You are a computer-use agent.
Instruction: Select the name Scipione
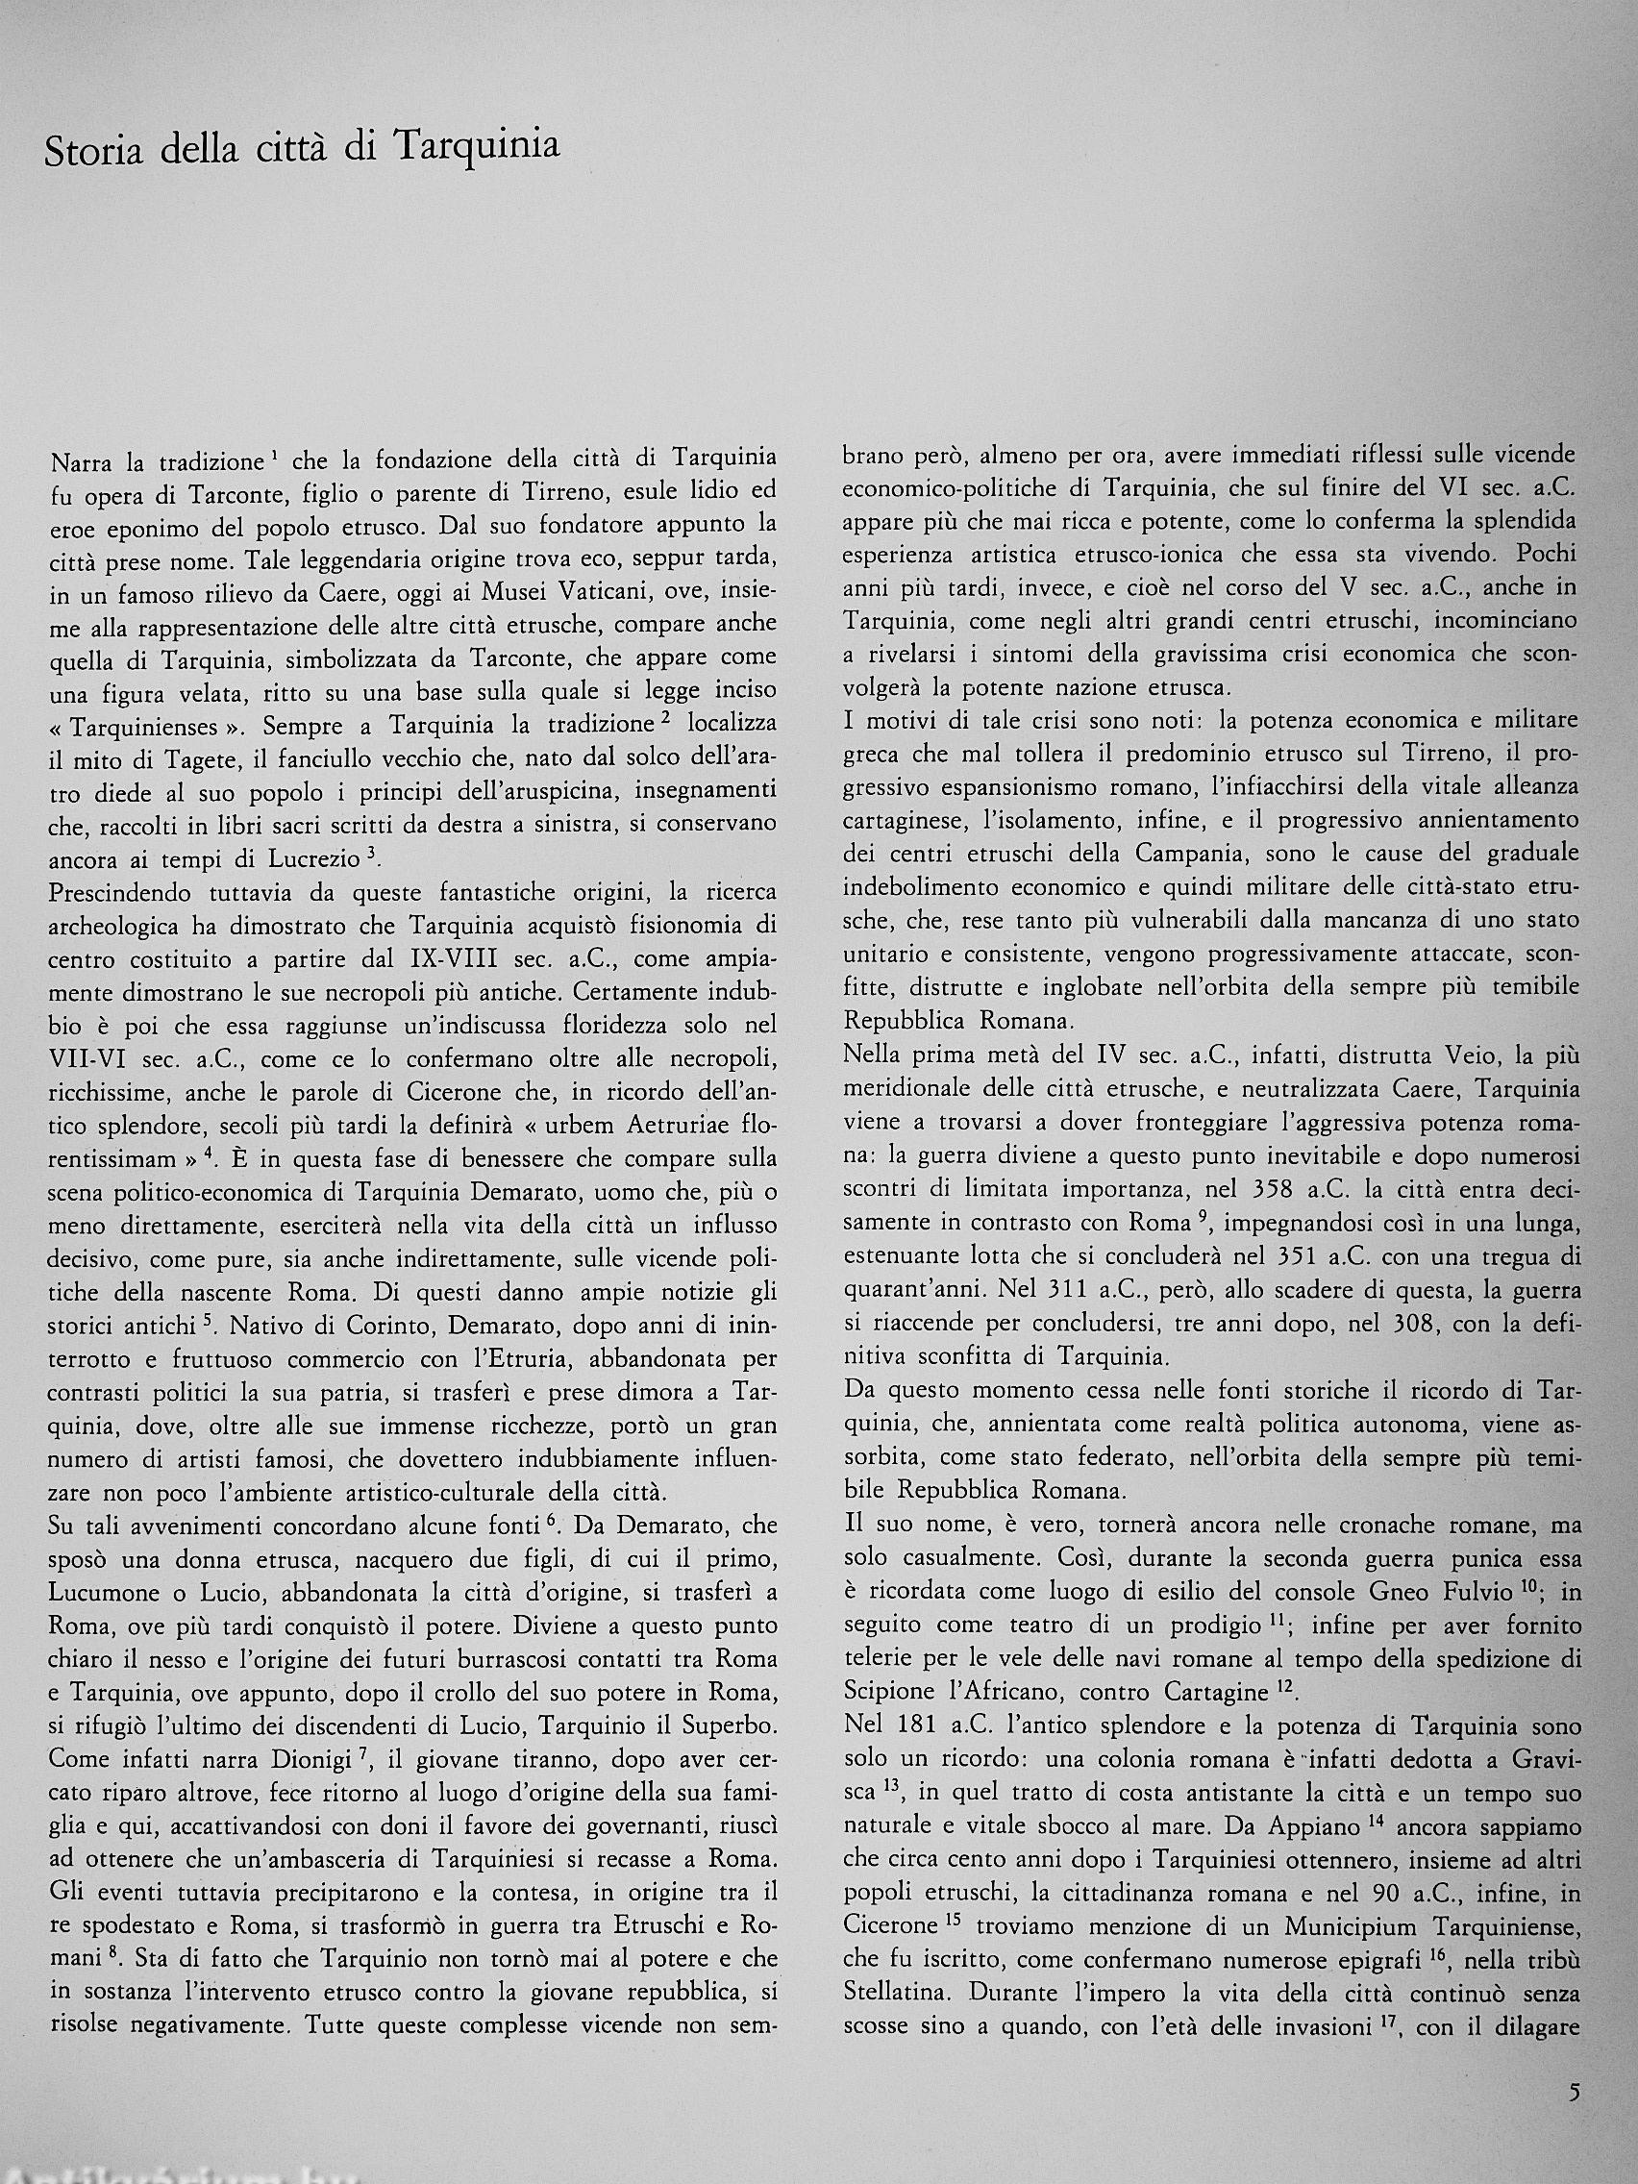(891, 1691)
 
